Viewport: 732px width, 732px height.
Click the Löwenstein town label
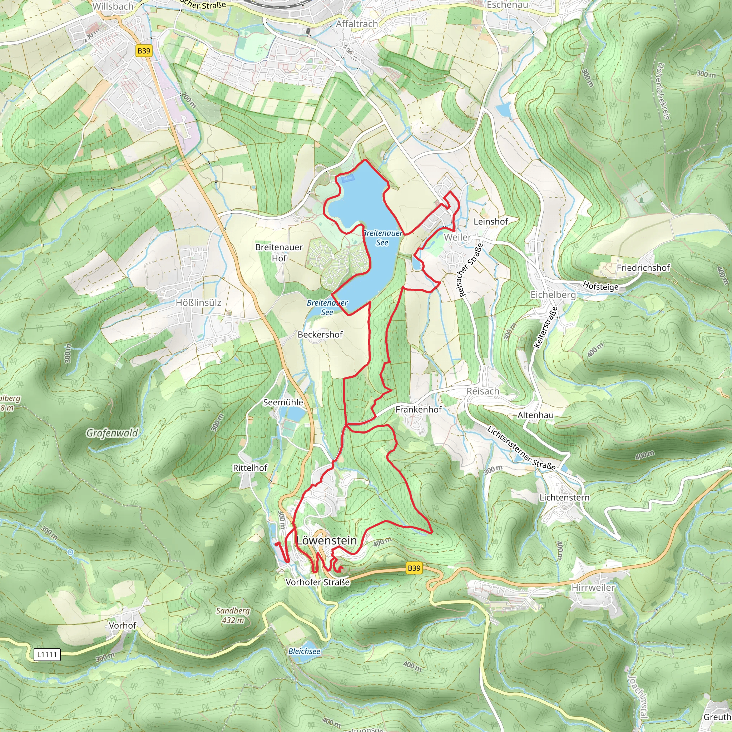(327, 541)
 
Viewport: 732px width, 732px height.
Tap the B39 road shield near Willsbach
(144, 51)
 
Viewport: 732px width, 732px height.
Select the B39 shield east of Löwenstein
(414, 568)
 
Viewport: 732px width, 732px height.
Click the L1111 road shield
(47, 654)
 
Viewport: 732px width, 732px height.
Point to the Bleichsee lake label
(304, 651)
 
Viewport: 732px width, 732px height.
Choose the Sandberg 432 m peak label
(233, 615)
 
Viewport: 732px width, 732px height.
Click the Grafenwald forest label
(112, 433)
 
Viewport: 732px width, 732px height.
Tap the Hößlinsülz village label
(198, 303)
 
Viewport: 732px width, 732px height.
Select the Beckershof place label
(320, 335)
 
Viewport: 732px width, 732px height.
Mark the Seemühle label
(283, 402)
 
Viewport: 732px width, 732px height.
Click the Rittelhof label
(250, 468)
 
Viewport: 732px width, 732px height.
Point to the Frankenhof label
(418, 410)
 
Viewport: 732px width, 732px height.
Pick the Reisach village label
(482, 391)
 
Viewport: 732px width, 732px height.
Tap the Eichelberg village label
(553, 295)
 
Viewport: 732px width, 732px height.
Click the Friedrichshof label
(643, 268)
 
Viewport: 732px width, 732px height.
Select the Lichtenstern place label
(564, 498)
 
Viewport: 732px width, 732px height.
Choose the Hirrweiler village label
(593, 588)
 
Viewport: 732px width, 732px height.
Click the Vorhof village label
(122, 625)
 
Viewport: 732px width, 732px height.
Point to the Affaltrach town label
(357, 24)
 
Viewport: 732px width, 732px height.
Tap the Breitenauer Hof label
(279, 252)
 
